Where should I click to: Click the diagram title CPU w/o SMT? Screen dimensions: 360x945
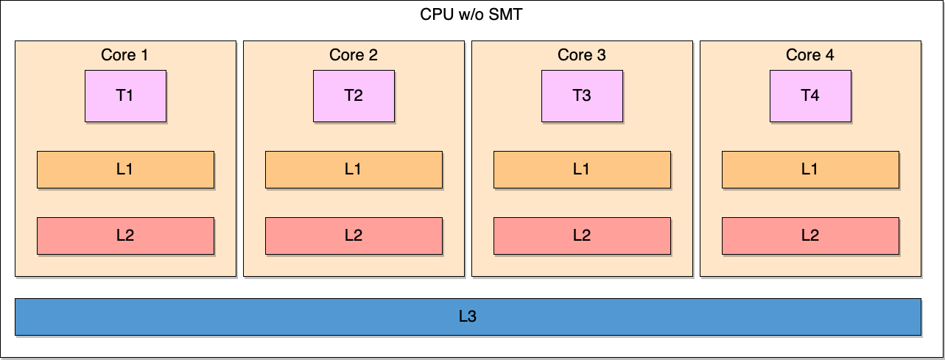[x=471, y=14]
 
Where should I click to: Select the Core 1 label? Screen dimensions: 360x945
[x=124, y=55]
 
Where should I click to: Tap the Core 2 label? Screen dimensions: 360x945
[x=354, y=55]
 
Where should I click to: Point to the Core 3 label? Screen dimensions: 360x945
[x=582, y=55]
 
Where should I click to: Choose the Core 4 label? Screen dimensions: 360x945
[x=810, y=55]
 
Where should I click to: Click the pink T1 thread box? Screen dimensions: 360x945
[x=125, y=96]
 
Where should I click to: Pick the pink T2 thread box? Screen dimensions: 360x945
[x=354, y=96]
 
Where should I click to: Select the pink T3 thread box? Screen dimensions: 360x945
[x=582, y=96]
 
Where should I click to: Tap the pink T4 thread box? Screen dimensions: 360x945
[x=810, y=96]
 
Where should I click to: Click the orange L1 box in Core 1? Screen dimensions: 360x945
[x=125, y=169]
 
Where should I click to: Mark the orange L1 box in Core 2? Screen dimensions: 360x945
[x=354, y=169]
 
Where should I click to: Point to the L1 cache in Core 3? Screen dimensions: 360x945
[x=582, y=169]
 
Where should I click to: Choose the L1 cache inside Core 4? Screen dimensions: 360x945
[x=810, y=169]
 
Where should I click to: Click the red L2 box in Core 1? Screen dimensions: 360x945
[x=125, y=236]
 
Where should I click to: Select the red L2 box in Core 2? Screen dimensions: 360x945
[x=354, y=236]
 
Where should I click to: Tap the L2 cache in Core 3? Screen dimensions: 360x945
[x=582, y=236]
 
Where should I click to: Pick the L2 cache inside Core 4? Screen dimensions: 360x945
[x=810, y=236]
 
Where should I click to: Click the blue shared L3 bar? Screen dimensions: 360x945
[x=295, y=317]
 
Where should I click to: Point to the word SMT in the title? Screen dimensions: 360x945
[x=506, y=14]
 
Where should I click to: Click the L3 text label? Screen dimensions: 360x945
[x=468, y=317]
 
